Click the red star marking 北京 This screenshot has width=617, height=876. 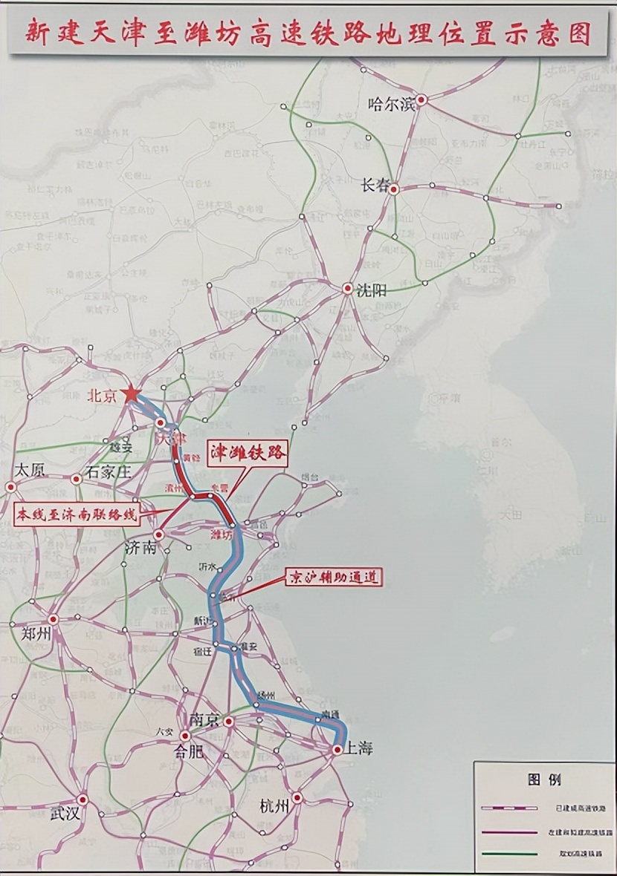point(132,393)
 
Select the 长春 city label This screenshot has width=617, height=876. point(375,186)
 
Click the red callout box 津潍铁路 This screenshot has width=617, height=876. point(248,455)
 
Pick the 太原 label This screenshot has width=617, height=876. point(30,470)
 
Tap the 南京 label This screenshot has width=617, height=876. point(204,719)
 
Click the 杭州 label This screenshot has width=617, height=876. point(274,807)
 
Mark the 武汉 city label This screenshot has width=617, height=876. point(65,813)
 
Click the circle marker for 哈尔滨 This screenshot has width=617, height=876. point(421,99)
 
